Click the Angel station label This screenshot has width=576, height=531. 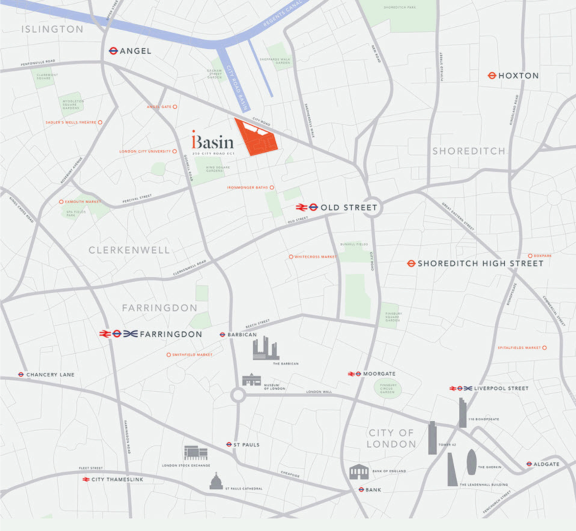click(x=135, y=51)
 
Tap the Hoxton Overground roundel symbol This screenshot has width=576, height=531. click(x=492, y=76)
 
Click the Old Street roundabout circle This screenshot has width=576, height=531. click(x=372, y=207)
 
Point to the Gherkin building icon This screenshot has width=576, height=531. click(x=471, y=462)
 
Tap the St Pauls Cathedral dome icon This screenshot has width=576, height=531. click(x=216, y=481)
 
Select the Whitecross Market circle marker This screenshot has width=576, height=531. click(x=291, y=257)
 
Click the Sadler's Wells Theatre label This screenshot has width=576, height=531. click(x=71, y=122)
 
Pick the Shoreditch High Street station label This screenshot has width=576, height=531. click(x=480, y=264)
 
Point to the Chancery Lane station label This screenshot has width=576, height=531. click(x=50, y=375)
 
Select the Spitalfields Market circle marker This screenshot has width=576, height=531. click(x=544, y=348)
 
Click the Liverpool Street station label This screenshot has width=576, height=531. click(x=501, y=388)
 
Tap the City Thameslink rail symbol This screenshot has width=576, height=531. click(x=86, y=479)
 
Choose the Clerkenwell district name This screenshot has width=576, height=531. click(x=129, y=250)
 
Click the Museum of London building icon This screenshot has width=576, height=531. click(x=251, y=380)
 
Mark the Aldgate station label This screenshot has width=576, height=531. click(x=546, y=464)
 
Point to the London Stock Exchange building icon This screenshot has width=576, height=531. click(x=196, y=453)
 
